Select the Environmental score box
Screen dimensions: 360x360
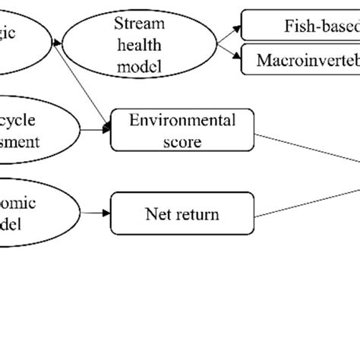pyautogui.click(x=182, y=130)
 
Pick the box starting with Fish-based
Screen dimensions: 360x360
pyautogui.click(x=304, y=24)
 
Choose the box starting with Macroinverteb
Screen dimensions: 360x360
pyautogui.click(x=304, y=59)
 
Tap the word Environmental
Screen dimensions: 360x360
pyautogui.click(x=183, y=120)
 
